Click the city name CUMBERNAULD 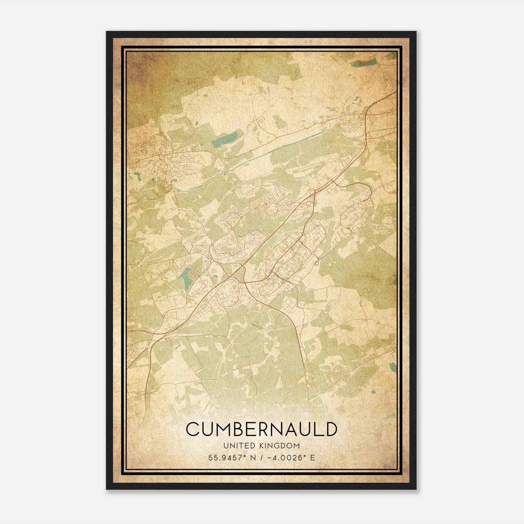point(261,429)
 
